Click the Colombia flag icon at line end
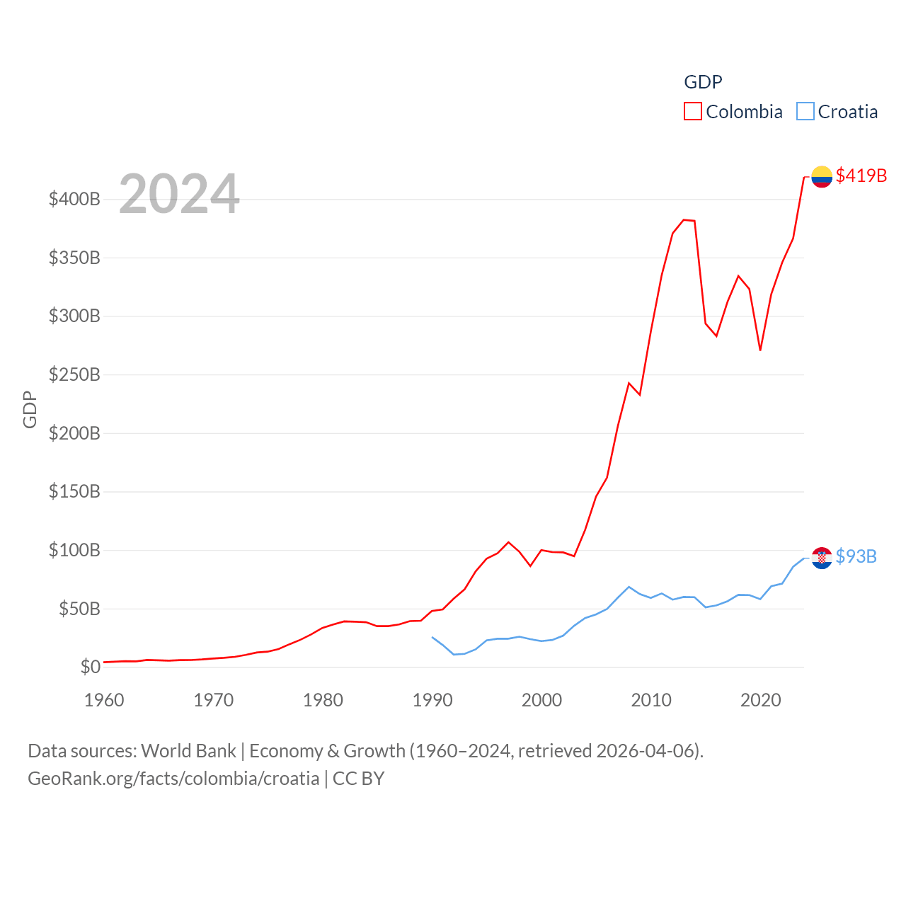click(821, 176)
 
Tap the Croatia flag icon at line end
click(821, 558)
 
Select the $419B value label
click(861, 176)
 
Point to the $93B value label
click(856, 556)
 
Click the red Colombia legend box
click(692, 112)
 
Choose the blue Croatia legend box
click(805, 112)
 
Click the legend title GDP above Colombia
click(703, 82)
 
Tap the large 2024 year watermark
click(179, 193)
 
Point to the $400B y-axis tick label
click(74, 199)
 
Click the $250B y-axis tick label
click(74, 374)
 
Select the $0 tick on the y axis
click(90, 667)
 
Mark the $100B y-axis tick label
click(74, 550)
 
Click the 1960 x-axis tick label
click(104, 700)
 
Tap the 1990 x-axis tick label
click(432, 700)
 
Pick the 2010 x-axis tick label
click(651, 700)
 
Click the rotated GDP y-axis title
click(30, 409)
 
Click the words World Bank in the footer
click(188, 751)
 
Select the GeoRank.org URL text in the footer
click(173, 779)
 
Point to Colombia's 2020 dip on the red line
click(760, 350)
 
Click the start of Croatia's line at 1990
click(432, 637)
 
